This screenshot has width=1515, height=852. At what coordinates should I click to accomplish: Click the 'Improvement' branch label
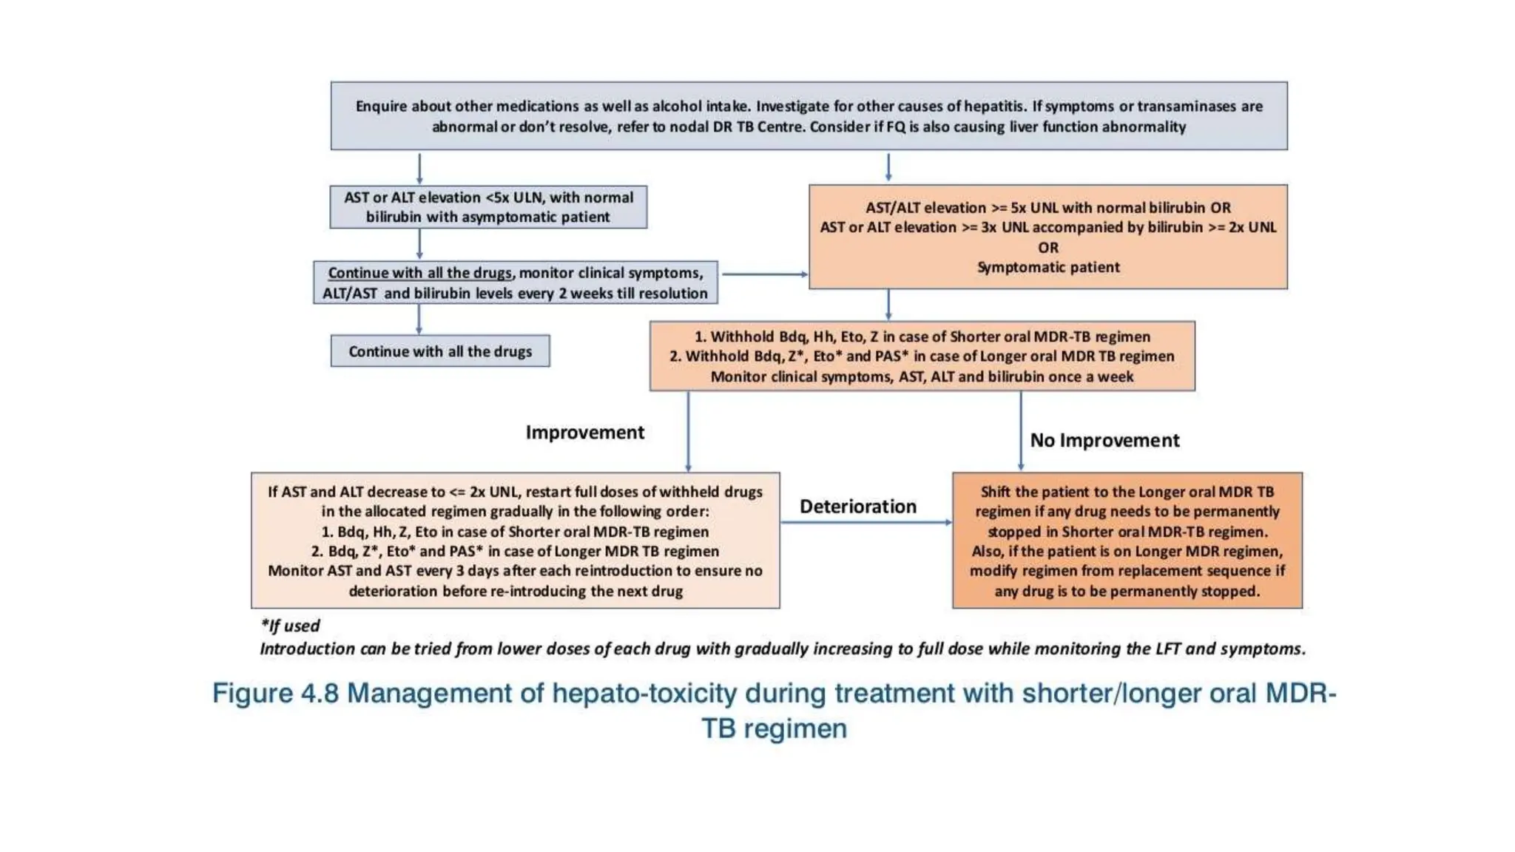[584, 433]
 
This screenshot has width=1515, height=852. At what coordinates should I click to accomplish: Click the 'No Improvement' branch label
[1104, 441]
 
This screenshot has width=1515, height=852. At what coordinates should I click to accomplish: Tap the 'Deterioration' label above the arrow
[857, 507]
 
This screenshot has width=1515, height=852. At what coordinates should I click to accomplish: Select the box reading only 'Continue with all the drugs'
[440, 351]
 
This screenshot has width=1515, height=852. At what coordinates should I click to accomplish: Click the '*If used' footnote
[290, 626]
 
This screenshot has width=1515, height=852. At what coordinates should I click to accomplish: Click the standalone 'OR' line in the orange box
[1047, 248]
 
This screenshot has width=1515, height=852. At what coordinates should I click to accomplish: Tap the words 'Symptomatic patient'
[1047, 268]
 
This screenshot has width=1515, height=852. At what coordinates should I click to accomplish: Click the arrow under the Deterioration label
[866, 523]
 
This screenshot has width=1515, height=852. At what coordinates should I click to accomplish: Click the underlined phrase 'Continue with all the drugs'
[419, 273]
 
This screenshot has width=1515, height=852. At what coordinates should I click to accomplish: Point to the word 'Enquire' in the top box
[381, 106]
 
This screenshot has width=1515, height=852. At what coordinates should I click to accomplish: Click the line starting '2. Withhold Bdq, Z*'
[921, 356]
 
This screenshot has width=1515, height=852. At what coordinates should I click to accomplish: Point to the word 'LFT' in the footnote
[1167, 649]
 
